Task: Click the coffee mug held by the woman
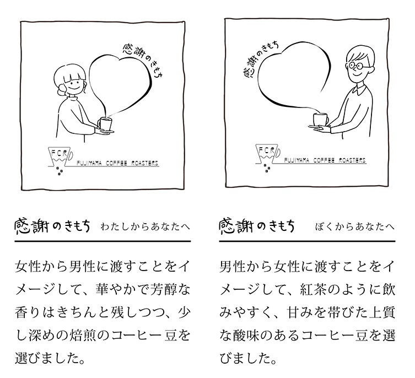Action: pos(105,124)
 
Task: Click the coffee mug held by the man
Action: pos(321,120)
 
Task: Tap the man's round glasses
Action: pos(356,65)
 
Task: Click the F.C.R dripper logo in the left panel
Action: pos(61,156)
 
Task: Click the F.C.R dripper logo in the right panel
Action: pos(268,155)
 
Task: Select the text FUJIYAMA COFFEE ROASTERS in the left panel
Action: pos(117,163)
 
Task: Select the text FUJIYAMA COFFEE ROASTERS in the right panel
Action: pos(325,160)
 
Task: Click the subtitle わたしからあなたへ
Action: pos(145,227)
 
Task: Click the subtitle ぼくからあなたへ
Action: pos(354,227)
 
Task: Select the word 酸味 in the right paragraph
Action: pos(246,336)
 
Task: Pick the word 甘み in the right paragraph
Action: pos(300,312)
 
